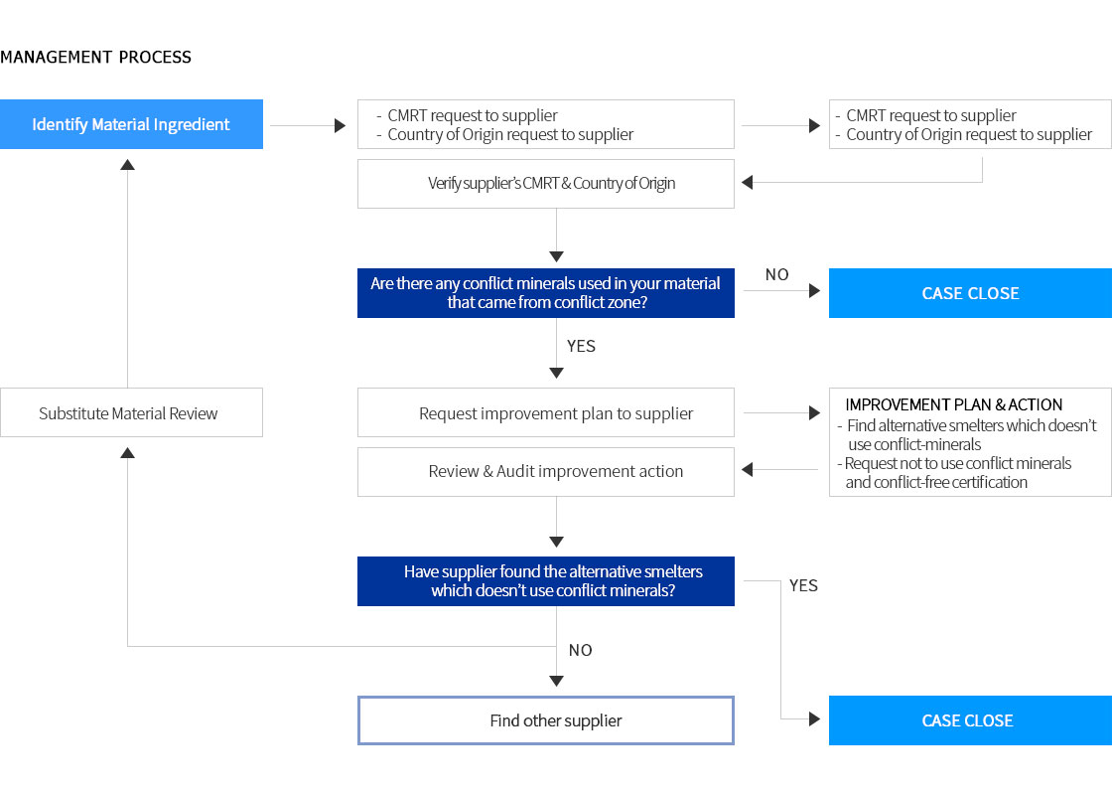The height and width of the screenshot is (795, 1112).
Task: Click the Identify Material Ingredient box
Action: [x=131, y=124]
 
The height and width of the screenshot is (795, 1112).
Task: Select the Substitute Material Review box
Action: [x=131, y=412]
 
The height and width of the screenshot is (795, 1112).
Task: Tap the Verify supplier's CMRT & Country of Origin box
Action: [x=546, y=184]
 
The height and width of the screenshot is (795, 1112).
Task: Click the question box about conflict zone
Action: [x=546, y=293]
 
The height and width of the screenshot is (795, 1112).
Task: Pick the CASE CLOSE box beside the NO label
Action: [x=970, y=293]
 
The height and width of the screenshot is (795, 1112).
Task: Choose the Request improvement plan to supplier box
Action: [x=546, y=412]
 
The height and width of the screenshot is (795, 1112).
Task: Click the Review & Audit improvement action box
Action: [x=546, y=472]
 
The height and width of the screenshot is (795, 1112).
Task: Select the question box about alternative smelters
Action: [x=546, y=581]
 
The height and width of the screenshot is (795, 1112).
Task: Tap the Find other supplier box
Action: [x=546, y=720]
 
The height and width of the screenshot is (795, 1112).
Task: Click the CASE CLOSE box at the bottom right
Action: [x=970, y=720]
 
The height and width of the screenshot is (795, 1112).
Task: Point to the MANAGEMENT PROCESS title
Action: [x=95, y=58]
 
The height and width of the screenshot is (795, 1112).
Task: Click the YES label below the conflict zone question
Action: [x=581, y=347]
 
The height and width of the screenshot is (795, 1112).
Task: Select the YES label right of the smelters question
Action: [x=803, y=585]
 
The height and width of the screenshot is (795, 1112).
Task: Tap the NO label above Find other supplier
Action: [x=580, y=650]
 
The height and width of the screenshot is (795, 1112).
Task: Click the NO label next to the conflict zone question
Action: [x=776, y=274]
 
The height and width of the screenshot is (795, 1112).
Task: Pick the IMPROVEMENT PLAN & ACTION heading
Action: [x=954, y=404]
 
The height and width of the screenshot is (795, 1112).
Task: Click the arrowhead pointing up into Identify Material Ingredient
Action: [x=128, y=165]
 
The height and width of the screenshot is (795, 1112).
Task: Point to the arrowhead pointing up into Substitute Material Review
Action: [x=128, y=453]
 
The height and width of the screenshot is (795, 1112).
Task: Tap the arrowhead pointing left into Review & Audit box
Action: [x=747, y=469]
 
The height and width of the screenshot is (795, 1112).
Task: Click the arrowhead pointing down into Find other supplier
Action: [x=557, y=682]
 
